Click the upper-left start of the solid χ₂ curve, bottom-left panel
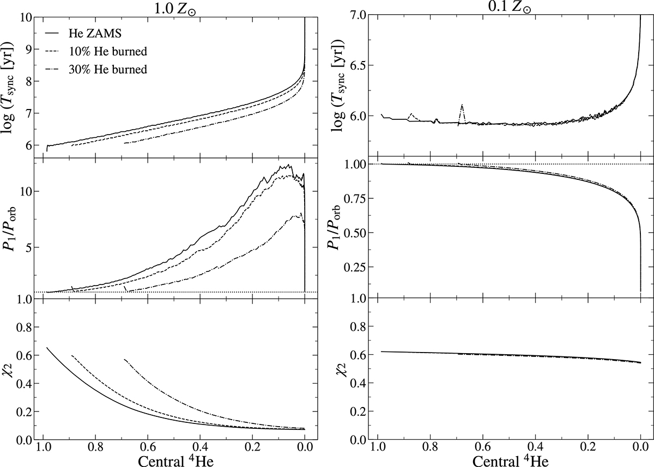[47, 348]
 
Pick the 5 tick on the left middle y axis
[25, 247]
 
